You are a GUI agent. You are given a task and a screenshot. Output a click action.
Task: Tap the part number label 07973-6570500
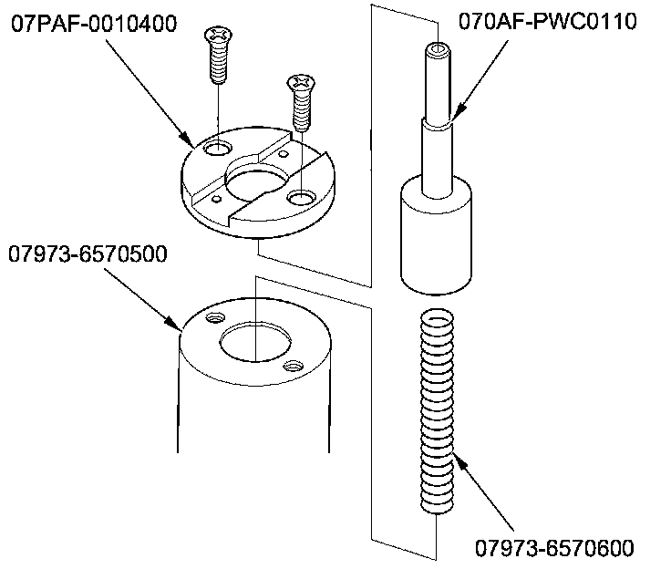coord(88,254)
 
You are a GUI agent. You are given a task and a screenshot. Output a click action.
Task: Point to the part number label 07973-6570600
coord(553,548)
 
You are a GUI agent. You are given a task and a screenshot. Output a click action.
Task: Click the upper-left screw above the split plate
coord(217,56)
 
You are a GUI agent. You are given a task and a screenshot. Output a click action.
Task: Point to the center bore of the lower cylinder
coord(253,342)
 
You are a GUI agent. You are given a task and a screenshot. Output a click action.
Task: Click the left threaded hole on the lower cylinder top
coord(216,317)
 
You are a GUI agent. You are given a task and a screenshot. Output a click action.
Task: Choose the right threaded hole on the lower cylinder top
coord(292,366)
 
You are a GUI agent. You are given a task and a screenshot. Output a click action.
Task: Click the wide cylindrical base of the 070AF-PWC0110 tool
coord(438,236)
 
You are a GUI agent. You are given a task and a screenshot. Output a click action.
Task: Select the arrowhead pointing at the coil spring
coord(458,463)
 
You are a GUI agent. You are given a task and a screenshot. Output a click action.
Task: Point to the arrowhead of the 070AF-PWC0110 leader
coord(455,119)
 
